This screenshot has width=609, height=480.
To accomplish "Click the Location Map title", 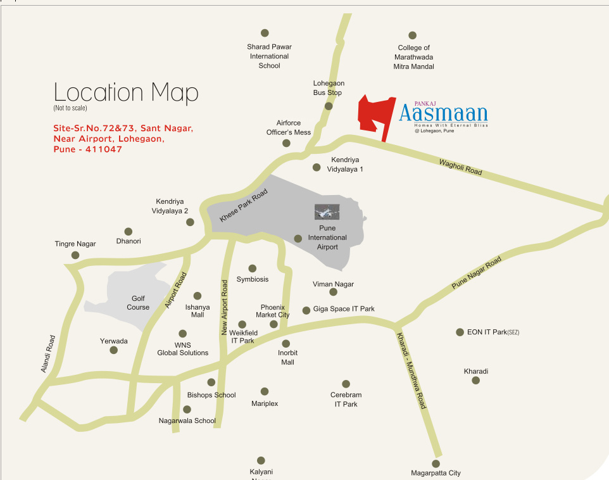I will [x=126, y=92].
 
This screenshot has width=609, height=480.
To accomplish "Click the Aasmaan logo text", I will [x=443, y=113].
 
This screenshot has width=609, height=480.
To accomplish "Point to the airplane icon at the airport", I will [x=327, y=212].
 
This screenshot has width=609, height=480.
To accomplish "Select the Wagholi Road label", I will [x=460, y=167].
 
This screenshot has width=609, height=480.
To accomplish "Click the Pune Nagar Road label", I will [x=476, y=274].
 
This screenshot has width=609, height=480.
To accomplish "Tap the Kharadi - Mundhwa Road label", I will [x=411, y=370].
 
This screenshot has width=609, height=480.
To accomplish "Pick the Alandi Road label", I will [x=48, y=353].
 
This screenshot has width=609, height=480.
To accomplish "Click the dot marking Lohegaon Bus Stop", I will [x=329, y=106].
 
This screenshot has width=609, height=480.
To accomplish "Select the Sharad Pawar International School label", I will [x=269, y=56].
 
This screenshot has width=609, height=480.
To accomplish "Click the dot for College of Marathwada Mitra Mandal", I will [x=412, y=35].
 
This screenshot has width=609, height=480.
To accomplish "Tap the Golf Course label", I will [x=138, y=303].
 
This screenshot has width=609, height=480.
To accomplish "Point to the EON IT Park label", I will [x=493, y=332].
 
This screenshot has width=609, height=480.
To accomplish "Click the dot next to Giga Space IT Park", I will [x=306, y=310].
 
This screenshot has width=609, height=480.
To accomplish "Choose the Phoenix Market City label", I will [x=272, y=311].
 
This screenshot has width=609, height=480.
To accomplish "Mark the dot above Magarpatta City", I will [x=436, y=464].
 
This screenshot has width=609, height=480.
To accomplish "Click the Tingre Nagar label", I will [x=75, y=244].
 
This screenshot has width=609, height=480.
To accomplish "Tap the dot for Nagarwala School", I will [x=187, y=410].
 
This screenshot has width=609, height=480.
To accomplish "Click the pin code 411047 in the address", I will [x=101, y=149].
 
